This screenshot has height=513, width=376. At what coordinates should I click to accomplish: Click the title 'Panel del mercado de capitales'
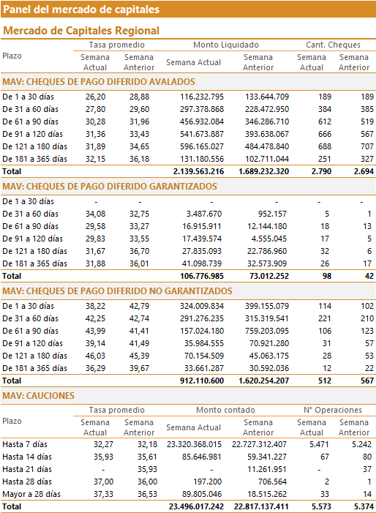point(81,10)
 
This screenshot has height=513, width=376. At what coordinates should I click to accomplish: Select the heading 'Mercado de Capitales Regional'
point(81,31)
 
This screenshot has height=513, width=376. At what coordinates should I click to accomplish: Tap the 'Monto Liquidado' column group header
point(226,45)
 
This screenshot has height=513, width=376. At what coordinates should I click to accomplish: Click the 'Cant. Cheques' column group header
point(333,45)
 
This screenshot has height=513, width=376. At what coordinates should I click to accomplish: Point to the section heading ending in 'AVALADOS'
point(99,82)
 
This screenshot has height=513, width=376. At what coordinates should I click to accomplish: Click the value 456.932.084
point(202,121)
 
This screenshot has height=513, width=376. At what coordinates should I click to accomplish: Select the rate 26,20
point(96,97)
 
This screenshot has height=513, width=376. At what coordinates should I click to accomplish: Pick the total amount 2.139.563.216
point(198,171)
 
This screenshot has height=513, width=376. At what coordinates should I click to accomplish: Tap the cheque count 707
point(366,146)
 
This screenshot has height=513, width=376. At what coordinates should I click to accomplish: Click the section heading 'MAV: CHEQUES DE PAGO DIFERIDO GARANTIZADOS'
point(110,187)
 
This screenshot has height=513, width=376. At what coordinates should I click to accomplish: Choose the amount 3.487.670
point(204,214)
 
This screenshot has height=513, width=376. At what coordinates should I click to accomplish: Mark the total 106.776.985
point(202,276)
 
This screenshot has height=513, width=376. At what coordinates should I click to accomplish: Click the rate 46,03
point(96,356)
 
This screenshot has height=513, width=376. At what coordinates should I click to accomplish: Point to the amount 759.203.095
point(267,331)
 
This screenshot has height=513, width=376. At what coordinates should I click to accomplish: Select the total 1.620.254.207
point(264,381)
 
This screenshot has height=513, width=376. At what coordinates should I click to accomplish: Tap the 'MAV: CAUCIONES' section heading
point(38,396)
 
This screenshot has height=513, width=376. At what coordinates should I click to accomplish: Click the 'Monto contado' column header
point(225,410)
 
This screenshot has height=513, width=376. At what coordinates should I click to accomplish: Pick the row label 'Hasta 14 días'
point(27,457)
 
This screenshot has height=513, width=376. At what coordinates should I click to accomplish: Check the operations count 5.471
point(319,444)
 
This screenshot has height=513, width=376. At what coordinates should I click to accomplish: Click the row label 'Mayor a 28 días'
point(31,494)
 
